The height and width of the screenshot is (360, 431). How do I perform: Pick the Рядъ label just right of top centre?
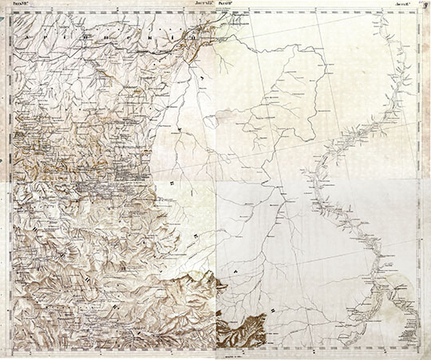tap(223, 3)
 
